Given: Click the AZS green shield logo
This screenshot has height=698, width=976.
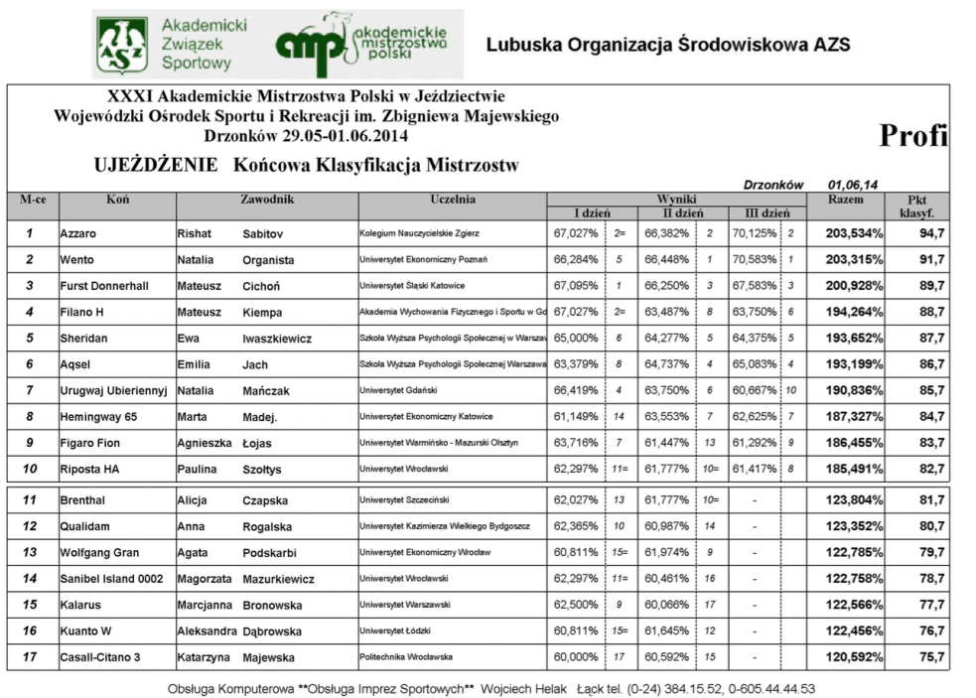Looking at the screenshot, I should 122,46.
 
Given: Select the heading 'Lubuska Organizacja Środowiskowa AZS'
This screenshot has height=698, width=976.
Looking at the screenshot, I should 668,45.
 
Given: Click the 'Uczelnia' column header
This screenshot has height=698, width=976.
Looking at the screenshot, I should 453,200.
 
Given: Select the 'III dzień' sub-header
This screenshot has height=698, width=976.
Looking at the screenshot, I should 762,213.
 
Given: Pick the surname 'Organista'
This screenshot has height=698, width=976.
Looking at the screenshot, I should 268,260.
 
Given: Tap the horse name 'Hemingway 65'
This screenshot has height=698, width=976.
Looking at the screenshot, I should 97,416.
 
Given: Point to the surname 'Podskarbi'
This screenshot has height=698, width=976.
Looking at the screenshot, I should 270,553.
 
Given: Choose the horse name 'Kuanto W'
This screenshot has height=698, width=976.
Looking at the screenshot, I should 86,630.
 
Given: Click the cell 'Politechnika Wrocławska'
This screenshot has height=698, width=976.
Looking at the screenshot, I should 406,656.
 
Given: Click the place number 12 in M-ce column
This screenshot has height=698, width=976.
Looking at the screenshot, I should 31,527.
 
